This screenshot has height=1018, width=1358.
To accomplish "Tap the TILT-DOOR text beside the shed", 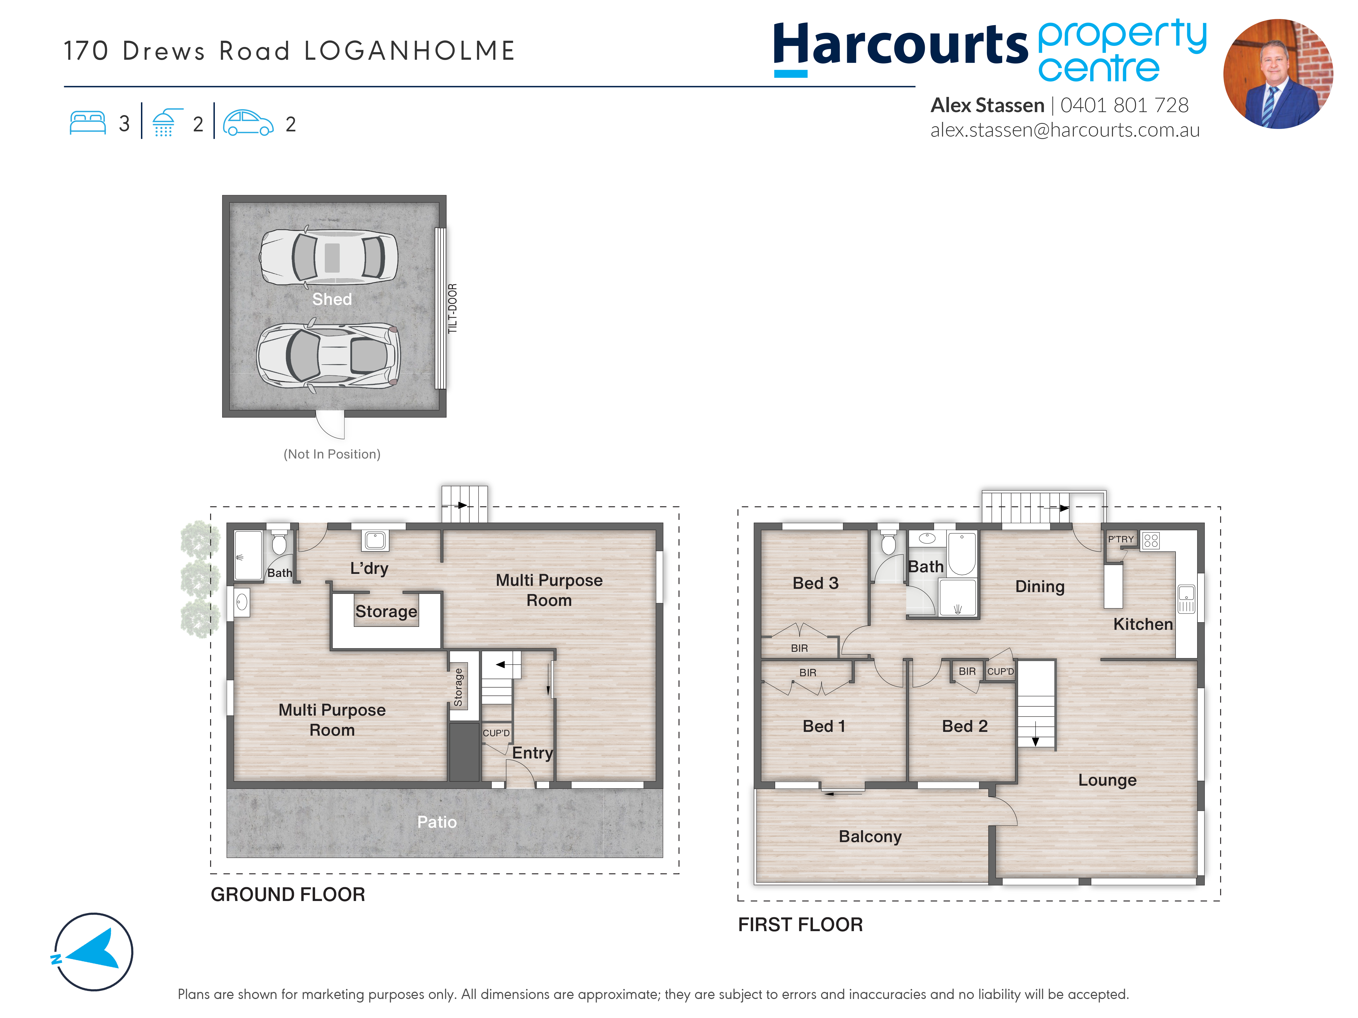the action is (452, 309).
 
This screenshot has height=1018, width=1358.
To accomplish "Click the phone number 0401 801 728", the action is (1124, 106).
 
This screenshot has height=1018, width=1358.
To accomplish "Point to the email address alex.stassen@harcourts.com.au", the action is (1065, 130).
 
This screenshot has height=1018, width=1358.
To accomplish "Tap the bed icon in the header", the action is (88, 123).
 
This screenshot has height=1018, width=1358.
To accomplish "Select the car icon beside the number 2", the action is (248, 123).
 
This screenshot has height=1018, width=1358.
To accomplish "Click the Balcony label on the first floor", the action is (870, 837).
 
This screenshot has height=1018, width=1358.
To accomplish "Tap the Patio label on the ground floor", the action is (437, 822).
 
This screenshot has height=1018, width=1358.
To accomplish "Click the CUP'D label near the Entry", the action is (496, 733).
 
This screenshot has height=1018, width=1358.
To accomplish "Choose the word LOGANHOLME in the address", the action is (410, 51).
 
